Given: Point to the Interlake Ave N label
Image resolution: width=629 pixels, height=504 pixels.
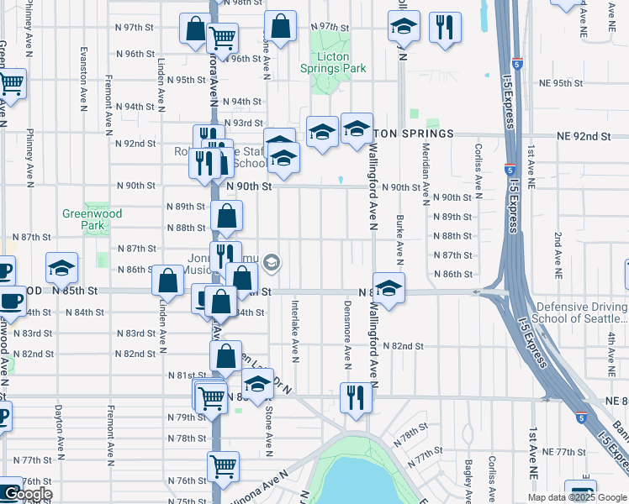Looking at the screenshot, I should click(x=295, y=327).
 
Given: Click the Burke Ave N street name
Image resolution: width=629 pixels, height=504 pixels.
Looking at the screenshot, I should click(x=399, y=237).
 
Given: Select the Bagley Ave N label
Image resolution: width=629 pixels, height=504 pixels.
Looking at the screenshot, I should click(x=468, y=478).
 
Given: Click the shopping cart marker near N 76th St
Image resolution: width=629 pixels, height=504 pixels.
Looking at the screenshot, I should click(x=223, y=466).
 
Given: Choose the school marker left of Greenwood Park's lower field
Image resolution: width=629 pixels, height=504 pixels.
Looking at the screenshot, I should click(x=62, y=268).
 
